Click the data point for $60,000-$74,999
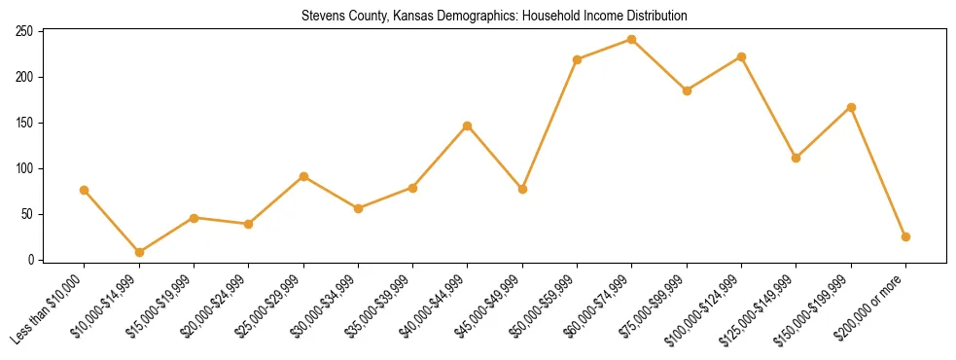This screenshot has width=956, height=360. [632, 40]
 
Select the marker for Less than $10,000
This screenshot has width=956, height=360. [85, 190]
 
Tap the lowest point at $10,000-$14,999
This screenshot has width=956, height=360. [139, 252]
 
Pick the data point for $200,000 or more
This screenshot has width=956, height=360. [905, 236]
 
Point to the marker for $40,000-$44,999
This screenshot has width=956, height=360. [468, 126]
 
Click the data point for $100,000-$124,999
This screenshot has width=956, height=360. [741, 56]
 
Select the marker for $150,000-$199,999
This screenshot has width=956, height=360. [851, 107]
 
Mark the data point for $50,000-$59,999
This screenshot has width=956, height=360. [578, 59]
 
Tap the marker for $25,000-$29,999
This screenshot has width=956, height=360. [303, 176]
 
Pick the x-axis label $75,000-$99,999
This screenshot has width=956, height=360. [653, 306]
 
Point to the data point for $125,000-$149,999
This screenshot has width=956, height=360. [797, 158]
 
